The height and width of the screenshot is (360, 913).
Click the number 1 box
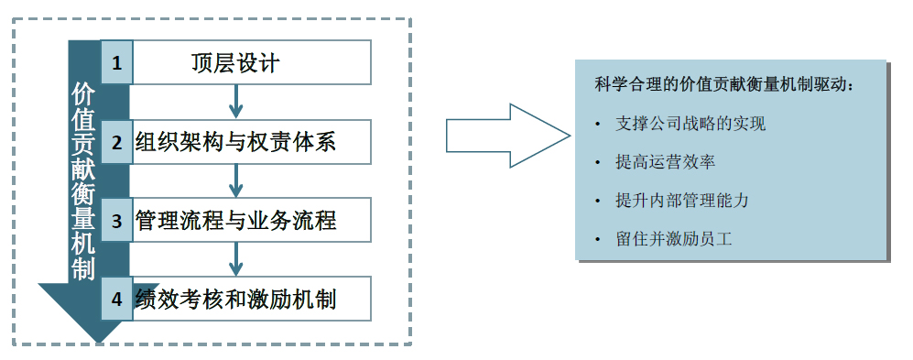116,63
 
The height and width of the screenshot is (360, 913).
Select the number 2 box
116,142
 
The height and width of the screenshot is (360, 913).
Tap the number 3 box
116,221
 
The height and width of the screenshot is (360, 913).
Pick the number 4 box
116,300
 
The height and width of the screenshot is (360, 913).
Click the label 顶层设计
234,63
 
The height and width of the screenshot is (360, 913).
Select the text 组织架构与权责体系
235,142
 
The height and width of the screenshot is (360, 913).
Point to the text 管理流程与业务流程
235,221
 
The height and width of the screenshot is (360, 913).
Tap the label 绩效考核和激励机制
234,300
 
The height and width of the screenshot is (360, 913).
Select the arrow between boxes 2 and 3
236,181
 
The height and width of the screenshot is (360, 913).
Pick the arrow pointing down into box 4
236,260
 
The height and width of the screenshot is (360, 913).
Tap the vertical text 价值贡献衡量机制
82,180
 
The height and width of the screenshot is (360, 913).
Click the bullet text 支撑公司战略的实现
690,124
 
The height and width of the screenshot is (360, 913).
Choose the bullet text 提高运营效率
666,162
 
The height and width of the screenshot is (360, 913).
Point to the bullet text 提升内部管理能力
682,201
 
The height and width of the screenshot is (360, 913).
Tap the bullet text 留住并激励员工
674,240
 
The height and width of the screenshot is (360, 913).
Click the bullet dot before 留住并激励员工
598,240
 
